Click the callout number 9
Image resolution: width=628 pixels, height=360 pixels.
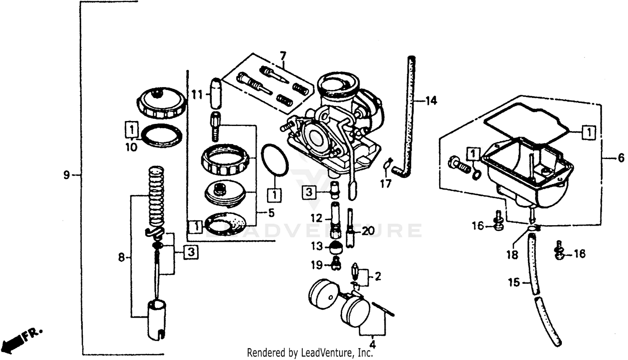tap(67, 175)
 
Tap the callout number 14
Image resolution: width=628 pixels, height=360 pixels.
tap(431, 101)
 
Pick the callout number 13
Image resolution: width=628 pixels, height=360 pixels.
tap(317, 246)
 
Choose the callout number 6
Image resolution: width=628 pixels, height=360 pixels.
tap(620, 158)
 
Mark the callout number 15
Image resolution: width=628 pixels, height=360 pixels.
tap(514, 283)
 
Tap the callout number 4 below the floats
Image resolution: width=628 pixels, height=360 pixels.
tap(372, 345)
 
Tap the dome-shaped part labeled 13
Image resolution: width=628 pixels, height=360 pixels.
tap(336, 248)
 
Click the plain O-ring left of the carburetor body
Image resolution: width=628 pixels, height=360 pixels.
tap(275, 160)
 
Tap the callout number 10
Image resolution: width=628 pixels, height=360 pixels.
tap(131, 147)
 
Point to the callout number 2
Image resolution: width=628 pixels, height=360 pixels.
tap(377, 276)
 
